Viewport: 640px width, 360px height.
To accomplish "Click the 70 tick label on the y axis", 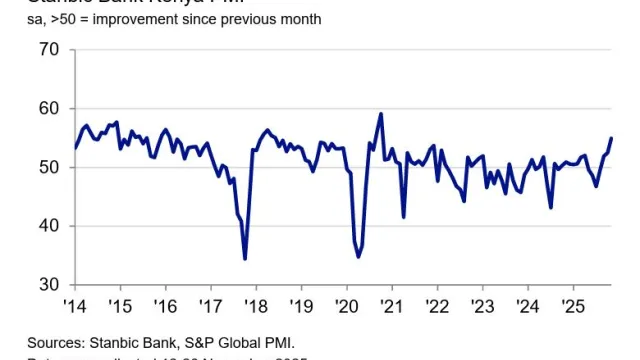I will click(49, 50).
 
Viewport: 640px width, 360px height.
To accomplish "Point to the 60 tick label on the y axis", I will click(49, 108).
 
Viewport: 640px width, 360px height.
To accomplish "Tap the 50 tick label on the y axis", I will click(49, 167).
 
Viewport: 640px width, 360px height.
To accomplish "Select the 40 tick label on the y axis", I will click(49, 226).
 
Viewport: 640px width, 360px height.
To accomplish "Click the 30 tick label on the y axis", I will click(49, 285).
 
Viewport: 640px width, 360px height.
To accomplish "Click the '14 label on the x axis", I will click(74, 305).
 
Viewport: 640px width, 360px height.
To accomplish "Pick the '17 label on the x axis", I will click(210, 305).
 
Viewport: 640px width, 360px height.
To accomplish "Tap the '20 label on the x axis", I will click(346, 305).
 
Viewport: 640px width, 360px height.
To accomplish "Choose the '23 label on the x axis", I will click(483, 305).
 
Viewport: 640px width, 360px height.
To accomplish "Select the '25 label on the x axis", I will click(573, 305).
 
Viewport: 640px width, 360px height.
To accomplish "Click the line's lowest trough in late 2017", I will click(245, 259).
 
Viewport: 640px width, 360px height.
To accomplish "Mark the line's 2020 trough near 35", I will click(358, 257).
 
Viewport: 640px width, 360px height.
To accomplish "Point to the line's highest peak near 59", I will click(381, 114).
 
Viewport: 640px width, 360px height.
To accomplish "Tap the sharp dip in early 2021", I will click(403, 217).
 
